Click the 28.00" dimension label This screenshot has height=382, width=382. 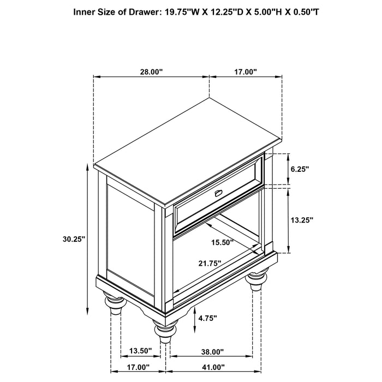(x=151, y=71)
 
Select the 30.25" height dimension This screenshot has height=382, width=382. (x=74, y=238)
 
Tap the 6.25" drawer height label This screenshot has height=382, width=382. (x=300, y=169)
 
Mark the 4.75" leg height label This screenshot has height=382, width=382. (x=208, y=317)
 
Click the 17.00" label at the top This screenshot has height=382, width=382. (x=246, y=71)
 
